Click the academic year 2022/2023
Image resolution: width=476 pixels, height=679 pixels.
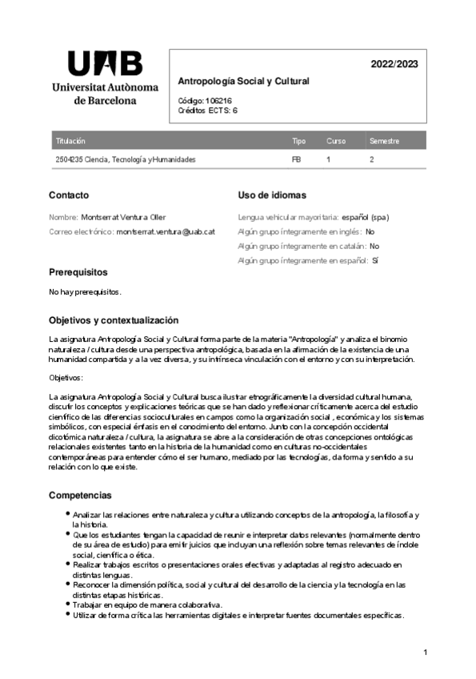tap(394, 64)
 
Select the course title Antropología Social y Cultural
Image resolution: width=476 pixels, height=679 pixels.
tap(242, 82)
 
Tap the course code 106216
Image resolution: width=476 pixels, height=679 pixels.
tap(218, 102)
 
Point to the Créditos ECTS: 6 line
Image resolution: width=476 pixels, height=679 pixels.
tap(207, 110)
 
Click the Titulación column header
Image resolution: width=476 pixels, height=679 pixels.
tap(70, 141)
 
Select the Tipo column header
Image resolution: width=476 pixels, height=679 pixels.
tap(298, 141)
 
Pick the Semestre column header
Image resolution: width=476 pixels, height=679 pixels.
tap(384, 141)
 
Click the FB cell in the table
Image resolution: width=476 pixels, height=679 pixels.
tap(296, 159)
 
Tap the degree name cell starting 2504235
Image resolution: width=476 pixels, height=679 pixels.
tap(125, 159)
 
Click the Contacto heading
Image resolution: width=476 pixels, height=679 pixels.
tap(69, 195)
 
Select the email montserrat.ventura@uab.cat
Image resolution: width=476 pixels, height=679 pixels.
tap(166, 231)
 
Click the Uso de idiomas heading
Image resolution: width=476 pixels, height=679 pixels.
tap(272, 195)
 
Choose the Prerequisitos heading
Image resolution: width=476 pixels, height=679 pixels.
tap(78, 272)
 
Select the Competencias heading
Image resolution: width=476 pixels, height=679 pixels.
tap(80, 495)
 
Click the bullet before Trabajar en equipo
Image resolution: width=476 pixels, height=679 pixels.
tap(66, 605)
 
